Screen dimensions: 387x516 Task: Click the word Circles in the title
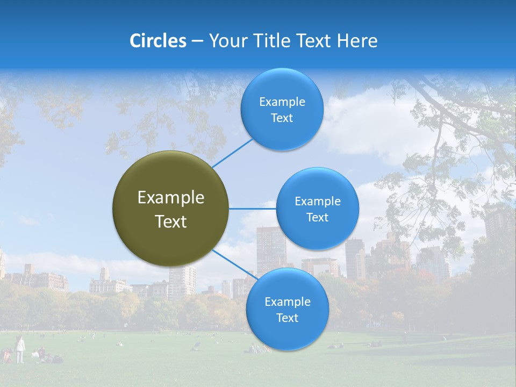coord(157,41)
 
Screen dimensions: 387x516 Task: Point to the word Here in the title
coord(357,41)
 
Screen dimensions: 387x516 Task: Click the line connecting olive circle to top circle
coord(232,153)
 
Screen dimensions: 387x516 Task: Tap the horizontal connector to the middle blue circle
coord(252,209)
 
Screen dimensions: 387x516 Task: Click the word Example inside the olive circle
coord(171,198)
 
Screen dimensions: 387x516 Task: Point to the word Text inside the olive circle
coord(171,221)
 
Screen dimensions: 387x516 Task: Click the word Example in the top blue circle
coord(282,102)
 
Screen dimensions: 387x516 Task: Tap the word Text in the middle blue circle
coord(317,218)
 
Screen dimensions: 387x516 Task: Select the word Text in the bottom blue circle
coord(287,318)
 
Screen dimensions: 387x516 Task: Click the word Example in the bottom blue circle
coord(287,302)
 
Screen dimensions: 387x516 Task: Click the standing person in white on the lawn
coord(20,349)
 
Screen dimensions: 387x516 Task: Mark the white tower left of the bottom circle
coord(182,282)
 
